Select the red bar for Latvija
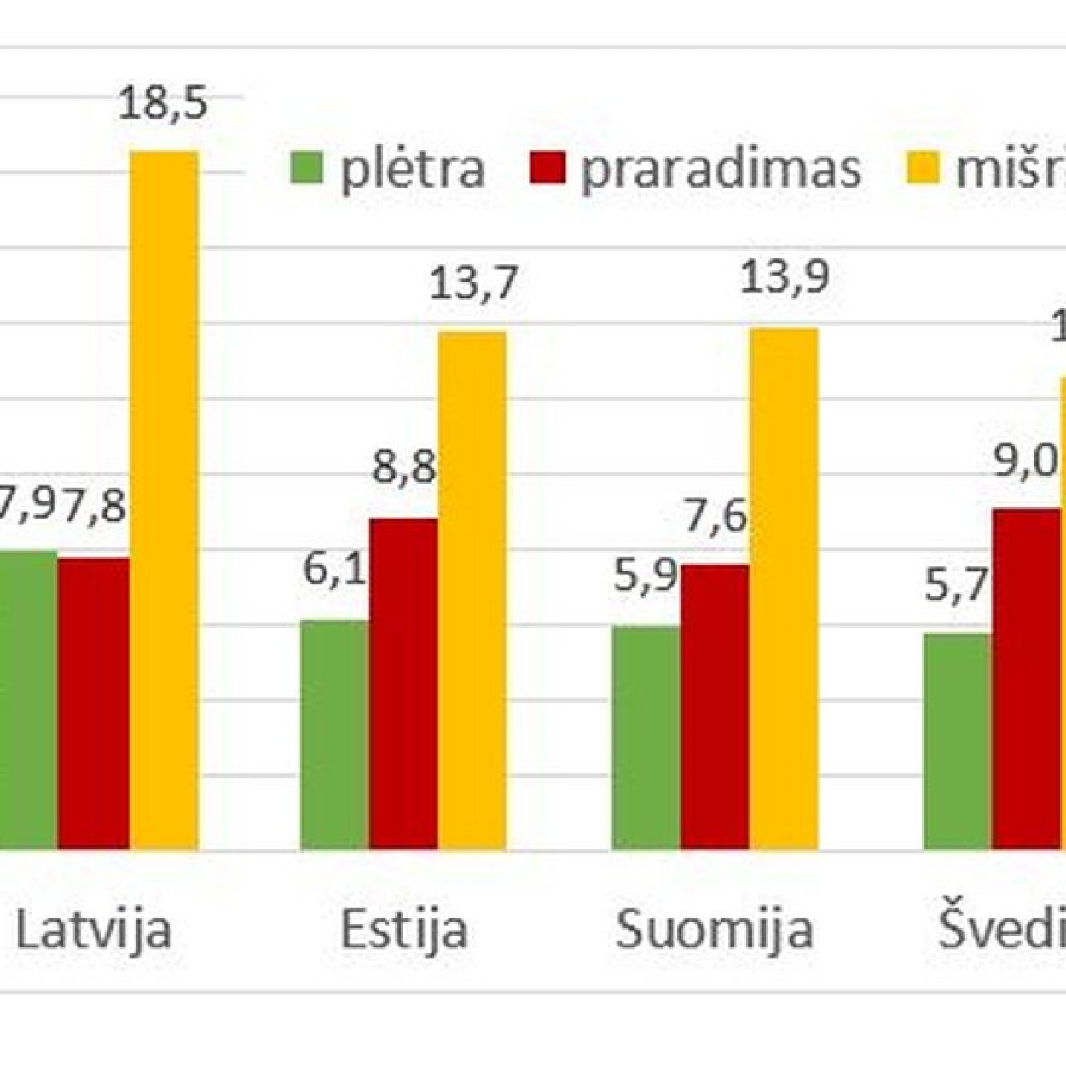[94, 703]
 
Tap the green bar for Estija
[335, 734]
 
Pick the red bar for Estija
[403, 683]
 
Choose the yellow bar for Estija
[472, 589]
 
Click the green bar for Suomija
[646, 738]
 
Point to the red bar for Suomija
[715, 706]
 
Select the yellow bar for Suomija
[784, 588]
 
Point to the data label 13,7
[473, 284]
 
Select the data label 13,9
[785, 278]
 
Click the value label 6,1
[335, 569]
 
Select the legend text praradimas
[721, 169]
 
